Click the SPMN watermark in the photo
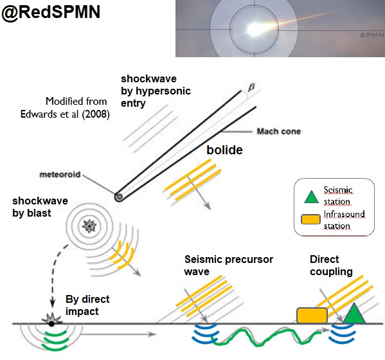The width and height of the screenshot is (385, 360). click(x=370, y=35)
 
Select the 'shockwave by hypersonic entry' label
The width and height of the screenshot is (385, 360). click(x=156, y=91)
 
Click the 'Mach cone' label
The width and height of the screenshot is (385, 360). click(x=278, y=131)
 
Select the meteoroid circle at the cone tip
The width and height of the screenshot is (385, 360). click(x=118, y=197)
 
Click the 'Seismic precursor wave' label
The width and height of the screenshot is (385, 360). click(x=228, y=265)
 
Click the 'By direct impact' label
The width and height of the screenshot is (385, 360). click(x=87, y=305)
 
